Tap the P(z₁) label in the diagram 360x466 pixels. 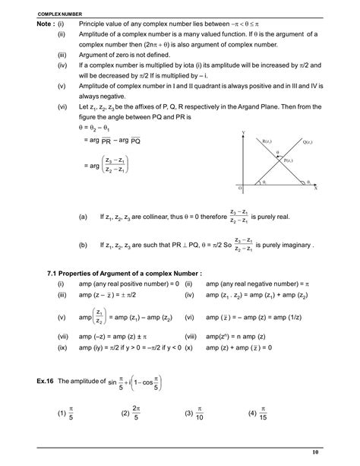[x=289, y=162]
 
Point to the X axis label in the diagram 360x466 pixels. [x=313, y=187]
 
